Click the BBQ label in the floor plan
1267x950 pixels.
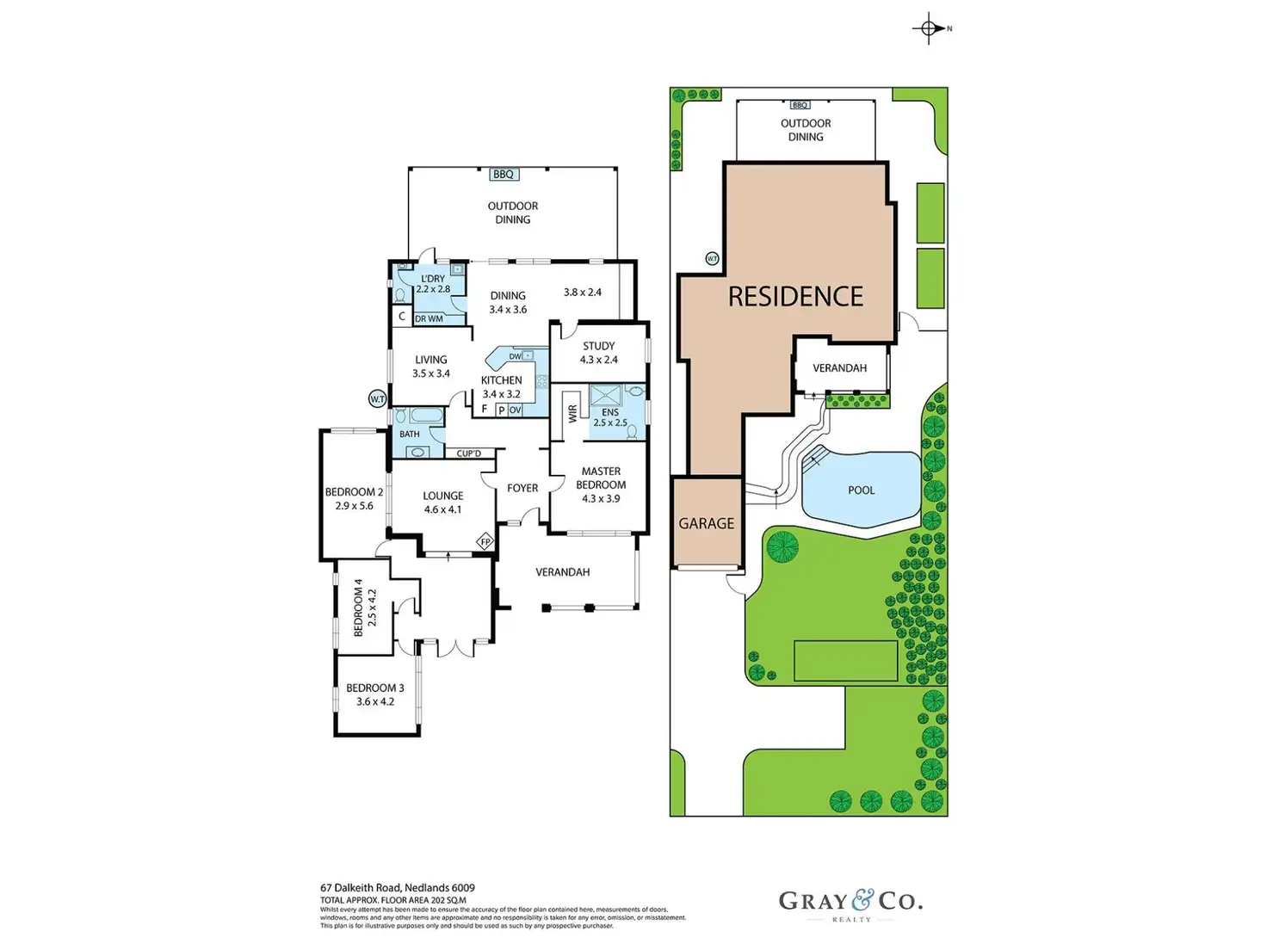coord(503,175)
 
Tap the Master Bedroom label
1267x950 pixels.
coord(601,478)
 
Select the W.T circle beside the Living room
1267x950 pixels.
coord(377,398)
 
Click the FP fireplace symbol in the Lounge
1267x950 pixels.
coord(485,542)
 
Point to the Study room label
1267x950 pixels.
coord(598,346)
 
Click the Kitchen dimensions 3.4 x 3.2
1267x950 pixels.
coord(501,394)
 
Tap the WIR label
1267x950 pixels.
coord(573,414)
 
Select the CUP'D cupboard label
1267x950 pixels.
coord(469,453)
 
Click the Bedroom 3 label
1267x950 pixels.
coord(374,688)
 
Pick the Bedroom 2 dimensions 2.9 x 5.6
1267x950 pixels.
coord(354,506)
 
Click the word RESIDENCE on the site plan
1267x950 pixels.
coord(795,297)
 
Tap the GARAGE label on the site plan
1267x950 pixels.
coord(706,523)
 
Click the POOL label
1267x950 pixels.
coord(861,490)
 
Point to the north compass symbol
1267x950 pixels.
coord(929,28)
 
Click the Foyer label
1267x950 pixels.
coord(522,488)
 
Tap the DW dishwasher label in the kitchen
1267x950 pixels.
coord(515,356)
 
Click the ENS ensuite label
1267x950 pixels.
coord(610,412)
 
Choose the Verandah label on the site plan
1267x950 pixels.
coord(839,368)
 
